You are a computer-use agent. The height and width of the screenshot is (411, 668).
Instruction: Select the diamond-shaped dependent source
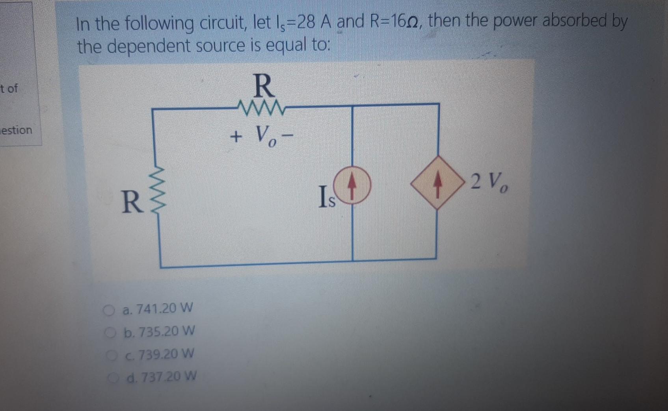pos(437,182)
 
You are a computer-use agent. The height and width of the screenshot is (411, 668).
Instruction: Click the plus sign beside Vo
pos(236,137)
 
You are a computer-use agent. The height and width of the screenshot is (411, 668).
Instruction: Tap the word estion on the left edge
pos(16,130)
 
